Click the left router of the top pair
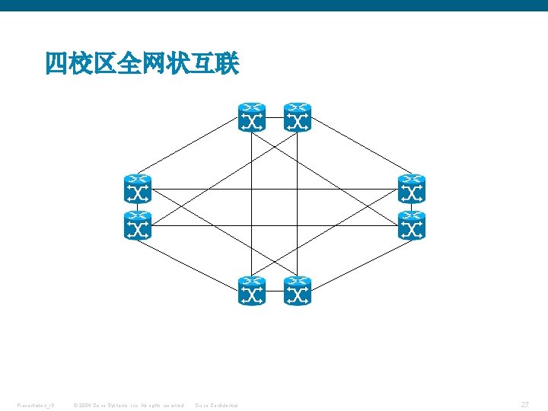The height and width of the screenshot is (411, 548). (x=252, y=117)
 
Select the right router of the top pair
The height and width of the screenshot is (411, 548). (x=298, y=117)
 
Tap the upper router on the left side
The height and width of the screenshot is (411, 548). (x=138, y=190)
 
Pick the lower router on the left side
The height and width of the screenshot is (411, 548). (x=138, y=226)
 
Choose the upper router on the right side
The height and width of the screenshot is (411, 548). (x=412, y=190)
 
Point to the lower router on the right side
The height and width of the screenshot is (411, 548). (x=412, y=226)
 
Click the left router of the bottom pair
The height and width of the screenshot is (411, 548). (x=252, y=291)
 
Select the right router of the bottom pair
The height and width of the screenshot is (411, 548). (x=298, y=291)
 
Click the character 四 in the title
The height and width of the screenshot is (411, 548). (x=56, y=64)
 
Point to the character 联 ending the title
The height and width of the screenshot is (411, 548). (x=227, y=64)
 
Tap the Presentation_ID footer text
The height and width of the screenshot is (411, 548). (x=35, y=406)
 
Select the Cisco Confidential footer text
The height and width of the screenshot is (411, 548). (x=217, y=406)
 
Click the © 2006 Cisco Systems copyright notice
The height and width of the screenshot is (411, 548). (x=127, y=406)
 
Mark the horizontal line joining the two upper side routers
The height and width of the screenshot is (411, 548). (x=342, y=190)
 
